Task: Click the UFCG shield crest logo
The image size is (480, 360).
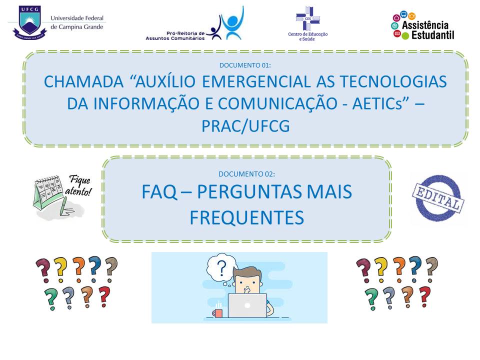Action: point(29,23)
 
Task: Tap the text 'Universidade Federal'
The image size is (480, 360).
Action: point(77,18)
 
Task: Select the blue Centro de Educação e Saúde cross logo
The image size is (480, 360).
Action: point(308,18)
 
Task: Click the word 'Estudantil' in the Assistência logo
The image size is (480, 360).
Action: point(433,35)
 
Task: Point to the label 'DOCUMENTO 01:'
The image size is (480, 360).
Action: point(245,65)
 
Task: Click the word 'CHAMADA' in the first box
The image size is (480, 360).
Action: point(83,81)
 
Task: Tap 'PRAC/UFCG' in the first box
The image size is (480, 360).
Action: point(245,126)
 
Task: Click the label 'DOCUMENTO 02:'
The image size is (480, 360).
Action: point(246,174)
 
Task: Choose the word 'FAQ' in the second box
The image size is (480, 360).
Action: point(159,192)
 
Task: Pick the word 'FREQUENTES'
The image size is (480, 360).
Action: point(246,217)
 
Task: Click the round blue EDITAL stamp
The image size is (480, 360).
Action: point(438,197)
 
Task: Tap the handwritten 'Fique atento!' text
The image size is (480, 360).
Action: point(78,185)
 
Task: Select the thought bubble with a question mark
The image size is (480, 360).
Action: point(221,267)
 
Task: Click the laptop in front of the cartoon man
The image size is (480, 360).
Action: point(247,305)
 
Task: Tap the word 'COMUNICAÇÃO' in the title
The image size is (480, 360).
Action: point(277,104)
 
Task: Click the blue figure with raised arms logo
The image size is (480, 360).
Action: point(232,23)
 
